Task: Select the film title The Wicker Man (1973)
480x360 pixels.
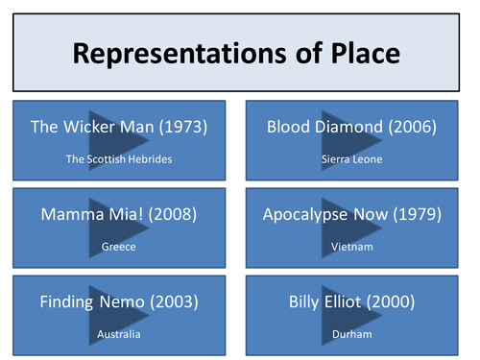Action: tap(119, 127)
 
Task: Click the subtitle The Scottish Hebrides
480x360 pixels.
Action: tap(119, 158)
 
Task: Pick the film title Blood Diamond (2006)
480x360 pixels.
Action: tap(351, 127)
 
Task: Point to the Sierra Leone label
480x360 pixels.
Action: tap(351, 158)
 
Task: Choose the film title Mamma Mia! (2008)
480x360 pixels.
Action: tap(119, 214)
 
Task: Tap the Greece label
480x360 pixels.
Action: tap(119, 246)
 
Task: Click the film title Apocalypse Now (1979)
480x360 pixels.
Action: tap(351, 214)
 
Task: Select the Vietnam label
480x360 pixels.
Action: tap(351, 246)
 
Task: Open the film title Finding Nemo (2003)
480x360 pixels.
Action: tap(119, 302)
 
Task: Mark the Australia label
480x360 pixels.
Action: tap(119, 334)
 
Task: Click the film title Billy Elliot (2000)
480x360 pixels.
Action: tap(351, 302)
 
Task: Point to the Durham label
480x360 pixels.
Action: tap(351, 334)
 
